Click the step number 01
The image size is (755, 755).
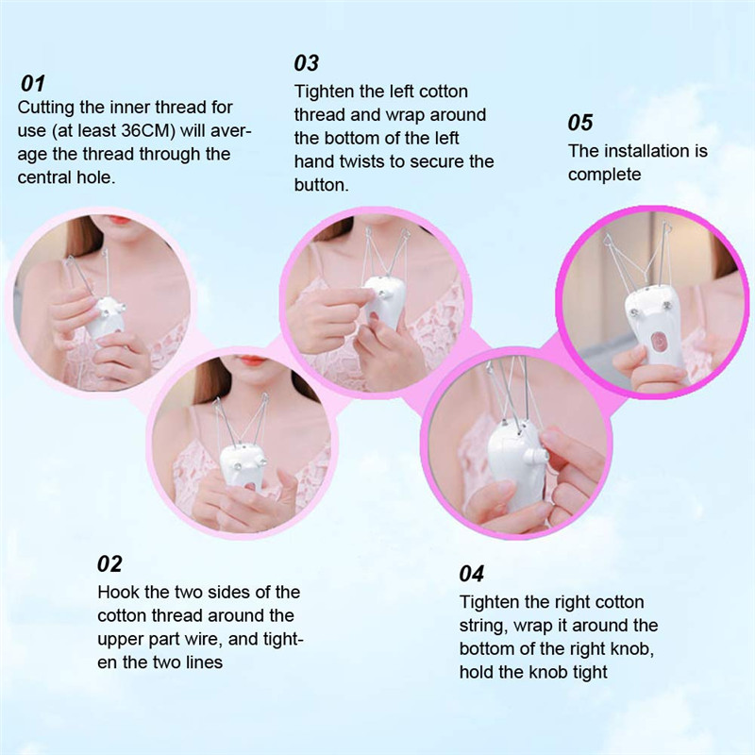[x=32, y=83]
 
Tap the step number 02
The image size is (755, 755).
[x=109, y=564]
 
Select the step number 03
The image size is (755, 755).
[x=307, y=63]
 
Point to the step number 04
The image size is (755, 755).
[x=471, y=574]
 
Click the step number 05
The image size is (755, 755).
[x=579, y=123]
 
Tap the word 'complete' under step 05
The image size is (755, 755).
[x=604, y=174]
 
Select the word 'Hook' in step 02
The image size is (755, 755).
[x=117, y=593]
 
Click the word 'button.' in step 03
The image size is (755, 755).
[x=322, y=185]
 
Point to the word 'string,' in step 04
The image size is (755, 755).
[x=485, y=626]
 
